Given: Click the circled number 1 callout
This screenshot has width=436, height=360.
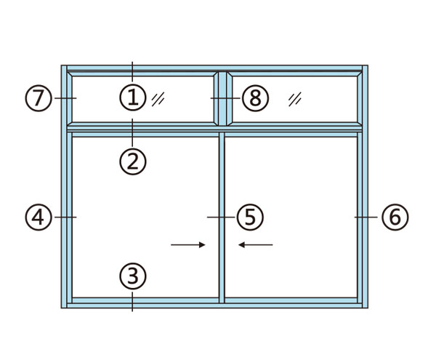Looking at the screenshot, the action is tap(133, 97).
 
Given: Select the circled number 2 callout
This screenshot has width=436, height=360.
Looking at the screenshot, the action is tap(133, 161).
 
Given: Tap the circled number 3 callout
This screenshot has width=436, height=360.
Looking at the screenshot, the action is tap(133, 276).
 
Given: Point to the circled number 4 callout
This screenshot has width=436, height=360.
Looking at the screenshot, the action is tap(39, 217).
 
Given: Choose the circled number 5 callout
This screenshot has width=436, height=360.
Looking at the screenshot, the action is tap(250, 217).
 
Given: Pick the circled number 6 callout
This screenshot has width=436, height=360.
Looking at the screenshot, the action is tap(395, 217).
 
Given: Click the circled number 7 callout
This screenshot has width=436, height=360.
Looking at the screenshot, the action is tap(39, 98).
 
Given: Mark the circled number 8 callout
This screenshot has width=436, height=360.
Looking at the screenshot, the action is tap(256, 98).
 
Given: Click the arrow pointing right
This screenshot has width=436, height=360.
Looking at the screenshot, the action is tap(188, 245).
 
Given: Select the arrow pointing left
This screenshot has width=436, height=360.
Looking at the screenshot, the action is tap(256, 245).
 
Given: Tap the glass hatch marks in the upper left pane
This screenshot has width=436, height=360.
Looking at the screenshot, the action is tap(158, 99).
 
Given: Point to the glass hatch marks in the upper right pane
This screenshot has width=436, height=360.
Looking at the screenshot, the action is tap(295, 99).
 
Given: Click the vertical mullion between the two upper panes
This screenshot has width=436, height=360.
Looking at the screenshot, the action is tap(222, 99).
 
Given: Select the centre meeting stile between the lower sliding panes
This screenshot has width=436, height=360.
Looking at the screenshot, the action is tap(222, 217).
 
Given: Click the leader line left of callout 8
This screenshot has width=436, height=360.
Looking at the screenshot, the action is tap(225, 98).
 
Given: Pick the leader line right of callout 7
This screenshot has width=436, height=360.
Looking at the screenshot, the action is tap(65, 98).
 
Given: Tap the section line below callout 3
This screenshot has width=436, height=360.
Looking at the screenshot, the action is tap(132, 302).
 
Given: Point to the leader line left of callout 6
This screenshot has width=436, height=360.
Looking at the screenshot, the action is tap(366, 217).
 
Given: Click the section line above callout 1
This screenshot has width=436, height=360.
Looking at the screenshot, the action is tap(132, 71).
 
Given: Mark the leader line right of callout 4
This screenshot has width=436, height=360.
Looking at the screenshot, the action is tap(65, 217).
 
